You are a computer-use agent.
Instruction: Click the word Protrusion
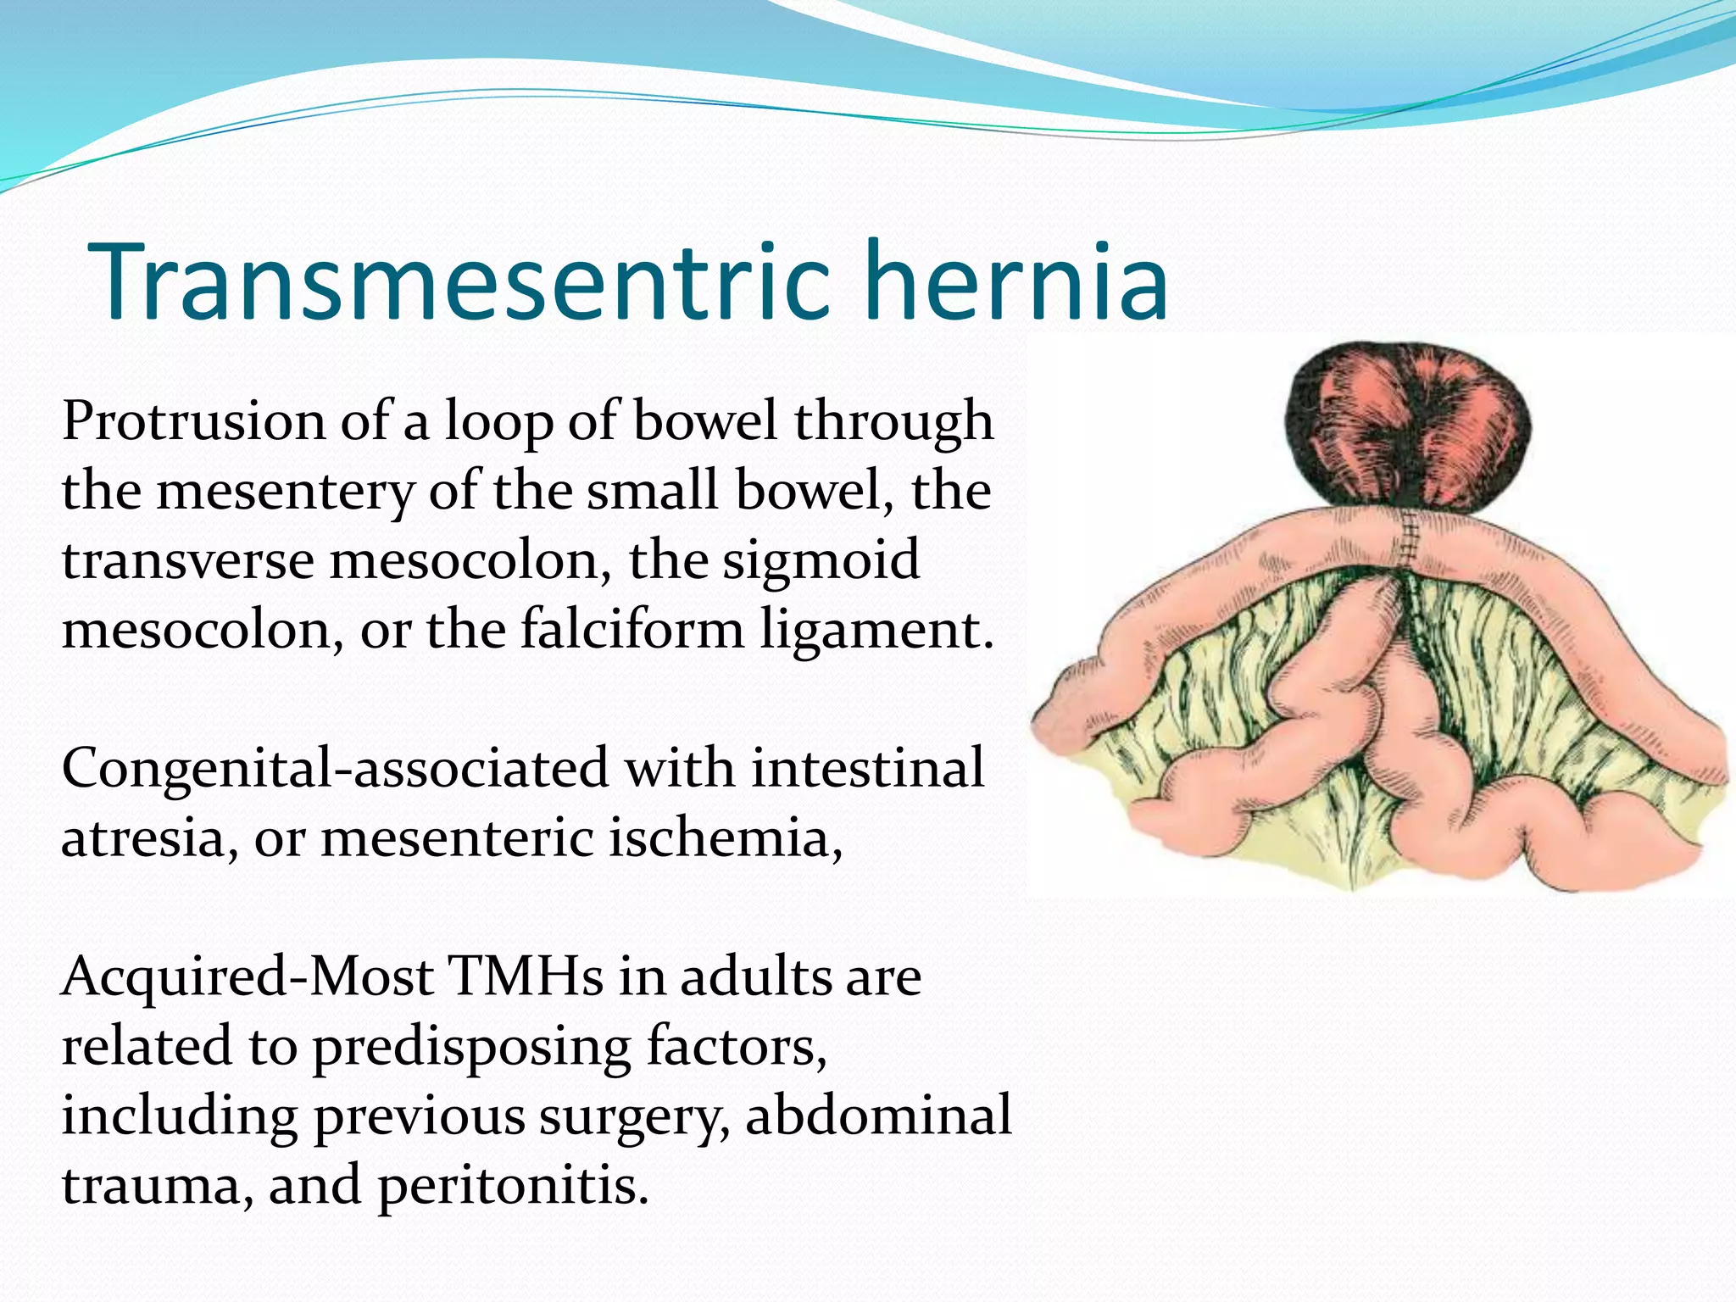coord(193,420)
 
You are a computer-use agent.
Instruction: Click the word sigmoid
coord(821,561)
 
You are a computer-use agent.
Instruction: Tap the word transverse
coord(188,561)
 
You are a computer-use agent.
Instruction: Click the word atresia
coord(143,839)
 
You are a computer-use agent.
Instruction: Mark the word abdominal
coord(878,1116)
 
